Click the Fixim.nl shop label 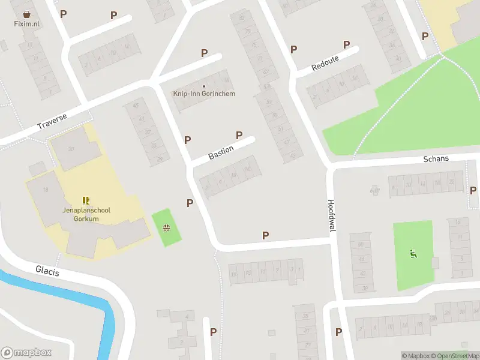click(26, 23)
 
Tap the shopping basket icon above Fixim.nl click(26, 14)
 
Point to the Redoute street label click(325, 62)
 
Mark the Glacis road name click(47, 271)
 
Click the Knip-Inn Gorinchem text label click(204, 94)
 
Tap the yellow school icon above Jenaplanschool click(86, 200)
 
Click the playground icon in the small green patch click(166, 227)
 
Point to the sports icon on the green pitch click(413, 254)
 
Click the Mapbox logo click(26, 353)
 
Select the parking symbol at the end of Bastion click(239, 136)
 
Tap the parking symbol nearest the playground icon click(190, 203)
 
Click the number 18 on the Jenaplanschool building click(46, 190)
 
